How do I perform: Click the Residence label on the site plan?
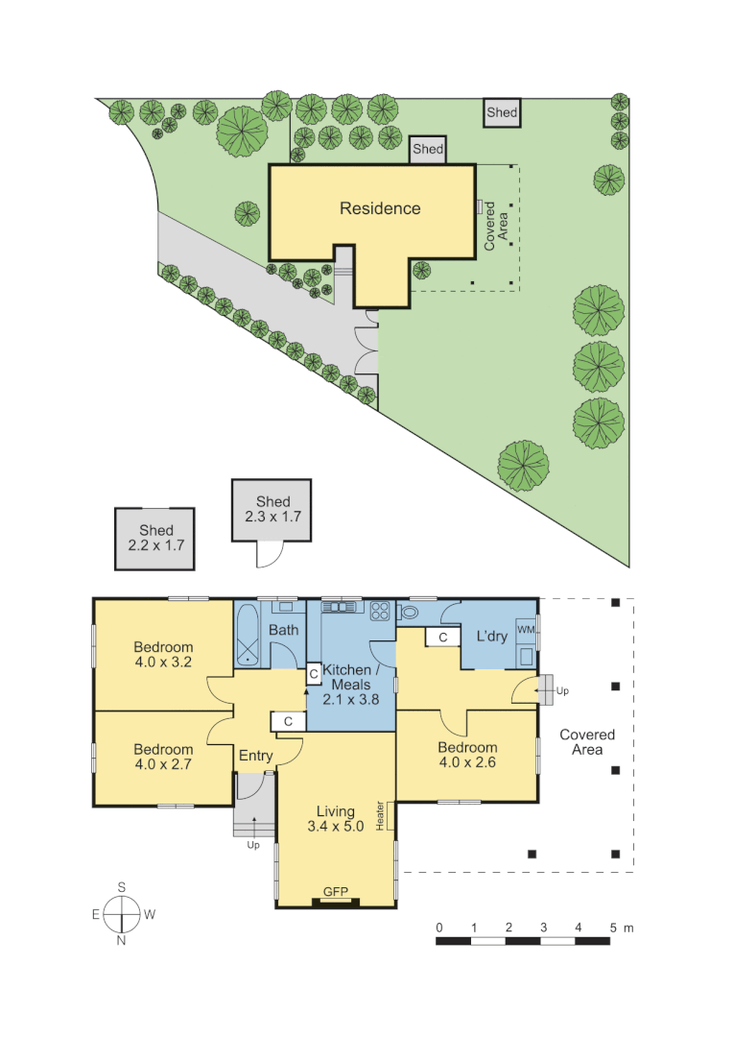pyautogui.click(x=380, y=208)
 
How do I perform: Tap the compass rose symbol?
pyautogui.click(x=122, y=914)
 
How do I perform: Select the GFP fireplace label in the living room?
pyautogui.click(x=335, y=893)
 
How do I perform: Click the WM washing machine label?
pyautogui.click(x=526, y=629)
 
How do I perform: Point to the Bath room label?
pyautogui.click(x=283, y=631)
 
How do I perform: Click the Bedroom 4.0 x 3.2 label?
pyautogui.click(x=163, y=654)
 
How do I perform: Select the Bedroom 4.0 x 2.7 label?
pyautogui.click(x=163, y=757)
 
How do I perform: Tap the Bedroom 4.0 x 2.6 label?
pyautogui.click(x=467, y=755)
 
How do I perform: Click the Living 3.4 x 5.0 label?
pyautogui.click(x=335, y=819)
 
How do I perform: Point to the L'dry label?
pyautogui.click(x=491, y=637)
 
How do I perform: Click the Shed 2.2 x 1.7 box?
pyautogui.click(x=155, y=538)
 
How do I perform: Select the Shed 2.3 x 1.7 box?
pyautogui.click(x=272, y=509)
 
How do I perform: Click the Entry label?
pyautogui.click(x=255, y=756)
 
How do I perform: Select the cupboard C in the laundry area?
pyautogui.click(x=442, y=637)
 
